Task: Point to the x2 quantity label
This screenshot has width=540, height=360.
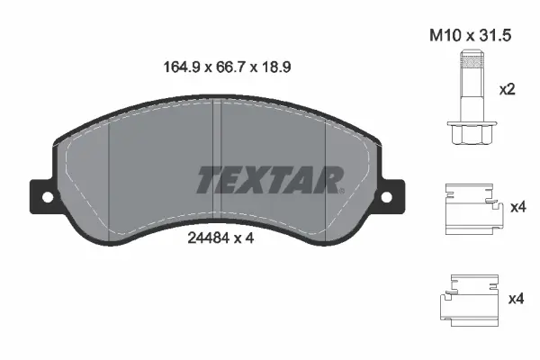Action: pos(508,90)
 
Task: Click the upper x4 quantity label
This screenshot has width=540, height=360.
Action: pos(517,208)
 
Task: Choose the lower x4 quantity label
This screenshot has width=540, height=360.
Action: pos(517,298)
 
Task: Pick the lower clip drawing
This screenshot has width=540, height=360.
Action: pos(470,299)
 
